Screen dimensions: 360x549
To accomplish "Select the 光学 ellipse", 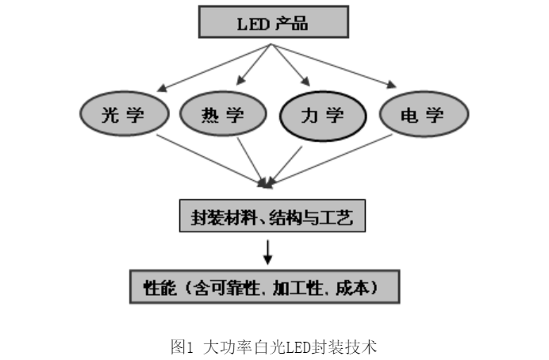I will pyautogui.click(x=123, y=117).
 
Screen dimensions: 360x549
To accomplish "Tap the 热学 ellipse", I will pyautogui.click(x=223, y=117).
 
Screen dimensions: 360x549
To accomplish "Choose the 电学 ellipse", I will pyautogui.click(x=422, y=117).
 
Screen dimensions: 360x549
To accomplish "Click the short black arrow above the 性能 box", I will pyautogui.click(x=268, y=251).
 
